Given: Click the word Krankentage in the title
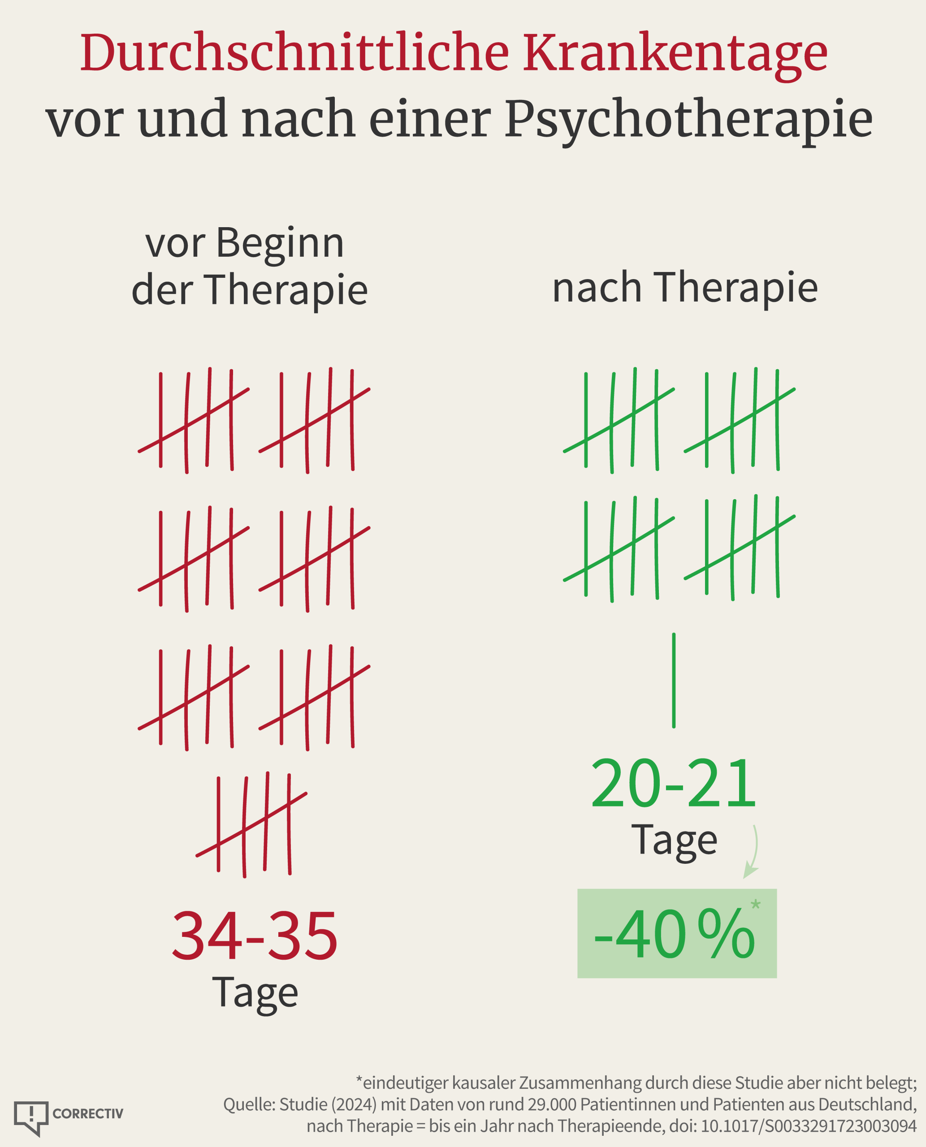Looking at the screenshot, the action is [675, 53].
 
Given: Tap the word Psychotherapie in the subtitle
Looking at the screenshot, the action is [688, 121].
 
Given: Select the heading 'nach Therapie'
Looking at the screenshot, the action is [685, 288].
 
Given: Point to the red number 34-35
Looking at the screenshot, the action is [255, 936].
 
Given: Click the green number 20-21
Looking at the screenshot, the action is [674, 785].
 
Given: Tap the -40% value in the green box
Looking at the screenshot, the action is [674, 934].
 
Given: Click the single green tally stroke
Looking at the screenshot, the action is [674, 681].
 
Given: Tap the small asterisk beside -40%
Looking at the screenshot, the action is [756, 904].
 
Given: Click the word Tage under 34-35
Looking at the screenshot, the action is [255, 993].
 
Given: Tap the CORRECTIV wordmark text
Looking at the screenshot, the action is [88, 1113].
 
